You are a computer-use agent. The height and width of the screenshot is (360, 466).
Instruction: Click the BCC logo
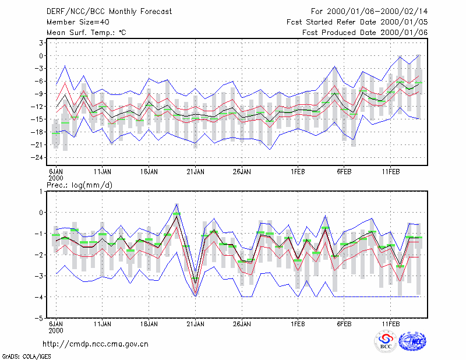(386, 341)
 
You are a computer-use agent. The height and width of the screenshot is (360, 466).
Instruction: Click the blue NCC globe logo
(412, 341)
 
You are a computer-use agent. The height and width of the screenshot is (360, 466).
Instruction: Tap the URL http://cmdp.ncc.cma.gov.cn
(96, 344)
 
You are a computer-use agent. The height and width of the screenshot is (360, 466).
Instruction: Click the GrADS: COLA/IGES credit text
(26, 357)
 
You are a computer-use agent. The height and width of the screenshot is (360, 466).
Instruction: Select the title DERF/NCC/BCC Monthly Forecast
(109, 12)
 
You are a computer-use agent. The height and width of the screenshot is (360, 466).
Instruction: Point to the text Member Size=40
(78, 22)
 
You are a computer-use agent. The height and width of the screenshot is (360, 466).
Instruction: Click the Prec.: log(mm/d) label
(80, 185)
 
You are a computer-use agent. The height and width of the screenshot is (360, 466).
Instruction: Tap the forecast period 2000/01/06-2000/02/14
(369, 12)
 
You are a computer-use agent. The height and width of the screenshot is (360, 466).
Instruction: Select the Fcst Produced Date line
(365, 33)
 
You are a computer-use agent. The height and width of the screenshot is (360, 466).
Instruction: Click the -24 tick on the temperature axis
(37, 157)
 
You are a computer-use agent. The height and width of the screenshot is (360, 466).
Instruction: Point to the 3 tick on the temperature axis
(41, 43)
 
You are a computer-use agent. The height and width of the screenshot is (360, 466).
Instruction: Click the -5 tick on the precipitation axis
(38, 318)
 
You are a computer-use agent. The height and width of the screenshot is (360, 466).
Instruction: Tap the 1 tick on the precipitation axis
(41, 192)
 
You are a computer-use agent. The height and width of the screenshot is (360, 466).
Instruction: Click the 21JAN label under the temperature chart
(195, 172)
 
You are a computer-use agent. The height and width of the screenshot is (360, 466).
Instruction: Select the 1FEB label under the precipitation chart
(298, 324)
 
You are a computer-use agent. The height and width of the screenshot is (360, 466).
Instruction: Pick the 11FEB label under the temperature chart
(391, 172)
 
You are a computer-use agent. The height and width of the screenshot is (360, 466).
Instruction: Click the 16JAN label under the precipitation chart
(149, 324)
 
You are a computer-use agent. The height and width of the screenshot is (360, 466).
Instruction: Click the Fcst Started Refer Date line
(357, 22)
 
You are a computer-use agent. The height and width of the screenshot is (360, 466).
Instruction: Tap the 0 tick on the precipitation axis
(41, 213)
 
